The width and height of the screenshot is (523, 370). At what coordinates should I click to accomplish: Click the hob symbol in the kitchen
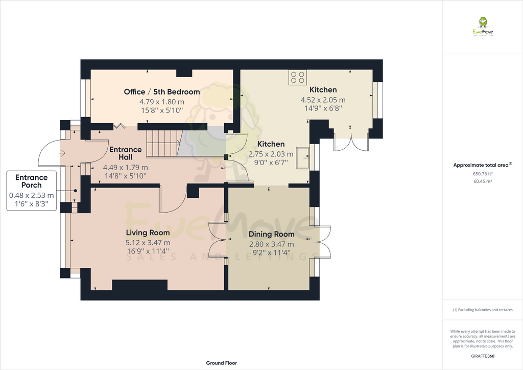pyautogui.click(x=298, y=77)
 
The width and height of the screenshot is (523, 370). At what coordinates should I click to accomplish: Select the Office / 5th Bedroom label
pyautogui.click(x=162, y=92)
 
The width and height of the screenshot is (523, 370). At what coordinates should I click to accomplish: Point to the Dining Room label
pyautogui.click(x=271, y=234)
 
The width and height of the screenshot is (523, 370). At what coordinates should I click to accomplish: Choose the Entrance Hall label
pyautogui.click(x=126, y=153)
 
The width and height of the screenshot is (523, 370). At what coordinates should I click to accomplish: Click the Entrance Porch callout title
pyautogui.click(x=31, y=181)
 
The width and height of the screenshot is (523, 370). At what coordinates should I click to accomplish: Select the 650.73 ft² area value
pyautogui.click(x=483, y=174)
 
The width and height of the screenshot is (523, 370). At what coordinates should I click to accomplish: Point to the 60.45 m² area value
pyautogui.click(x=483, y=181)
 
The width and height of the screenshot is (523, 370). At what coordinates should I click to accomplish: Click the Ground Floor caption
pyautogui.click(x=221, y=363)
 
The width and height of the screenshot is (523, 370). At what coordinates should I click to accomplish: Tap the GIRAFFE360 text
pyautogui.click(x=483, y=356)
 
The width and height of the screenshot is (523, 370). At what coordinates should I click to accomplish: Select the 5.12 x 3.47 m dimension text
pyautogui.click(x=148, y=243)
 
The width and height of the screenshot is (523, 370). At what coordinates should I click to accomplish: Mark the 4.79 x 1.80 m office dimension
pyautogui.click(x=162, y=102)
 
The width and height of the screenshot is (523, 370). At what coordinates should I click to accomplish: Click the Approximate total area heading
pyautogui.click(x=483, y=165)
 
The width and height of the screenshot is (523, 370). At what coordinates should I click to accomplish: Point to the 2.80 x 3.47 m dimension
pyautogui.click(x=271, y=244)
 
